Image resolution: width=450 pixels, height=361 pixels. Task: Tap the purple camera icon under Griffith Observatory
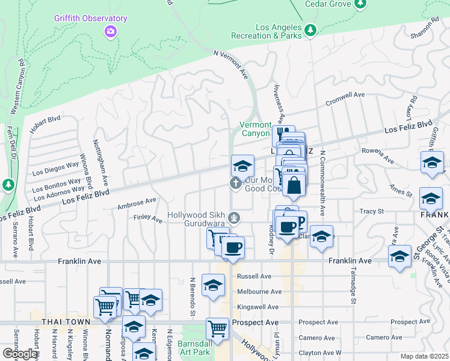coord(110,31)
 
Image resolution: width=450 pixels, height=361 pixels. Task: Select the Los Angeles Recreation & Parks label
coord(277,32)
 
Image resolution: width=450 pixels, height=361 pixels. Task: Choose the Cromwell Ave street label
coord(345,99)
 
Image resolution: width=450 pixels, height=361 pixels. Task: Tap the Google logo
coord(19,354)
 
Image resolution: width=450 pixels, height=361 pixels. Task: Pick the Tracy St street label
coord(371,211)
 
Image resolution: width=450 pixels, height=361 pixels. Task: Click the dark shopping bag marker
coord(294,187)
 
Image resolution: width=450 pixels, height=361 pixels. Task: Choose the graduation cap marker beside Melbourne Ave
coord(213,286)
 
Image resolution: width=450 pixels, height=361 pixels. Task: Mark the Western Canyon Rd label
coord(17,84)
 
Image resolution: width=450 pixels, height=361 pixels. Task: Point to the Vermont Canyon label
coord(255,129)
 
